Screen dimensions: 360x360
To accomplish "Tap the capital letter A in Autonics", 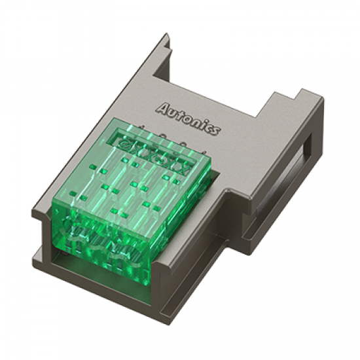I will tap(163, 107).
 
